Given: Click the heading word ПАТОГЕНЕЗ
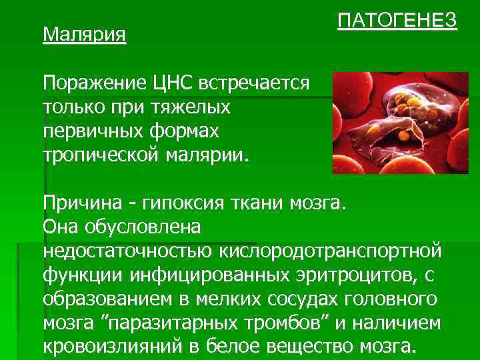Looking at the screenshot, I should click(x=397, y=21).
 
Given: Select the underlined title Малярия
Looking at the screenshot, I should click(x=85, y=33).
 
